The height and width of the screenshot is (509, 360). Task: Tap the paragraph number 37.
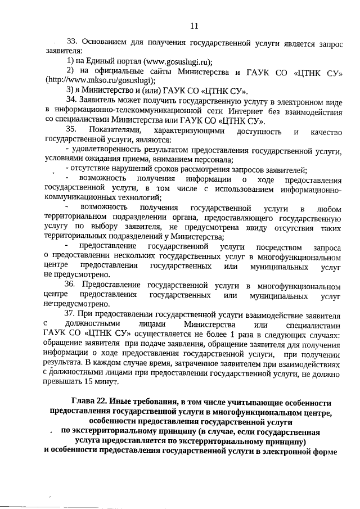(x=71, y=314)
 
